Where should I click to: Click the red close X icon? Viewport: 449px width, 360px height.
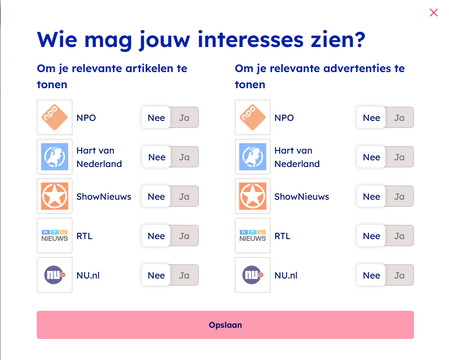[x=433, y=13]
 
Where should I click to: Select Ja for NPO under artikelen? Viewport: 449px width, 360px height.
[x=184, y=118]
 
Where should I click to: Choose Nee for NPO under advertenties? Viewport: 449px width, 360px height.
[x=371, y=118]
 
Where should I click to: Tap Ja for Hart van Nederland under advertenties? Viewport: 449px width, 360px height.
[x=399, y=157]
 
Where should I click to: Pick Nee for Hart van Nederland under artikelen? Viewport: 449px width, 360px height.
[x=157, y=157]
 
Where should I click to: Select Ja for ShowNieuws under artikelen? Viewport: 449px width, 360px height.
[x=184, y=197]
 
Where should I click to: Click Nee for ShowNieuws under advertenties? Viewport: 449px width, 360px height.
[x=371, y=197]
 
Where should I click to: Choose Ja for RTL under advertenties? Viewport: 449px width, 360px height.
[x=399, y=236]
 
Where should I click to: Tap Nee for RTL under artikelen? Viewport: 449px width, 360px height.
[x=156, y=236]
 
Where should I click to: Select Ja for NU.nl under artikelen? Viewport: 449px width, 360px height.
[x=184, y=275]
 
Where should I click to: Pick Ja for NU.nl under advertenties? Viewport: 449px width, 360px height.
[x=399, y=275]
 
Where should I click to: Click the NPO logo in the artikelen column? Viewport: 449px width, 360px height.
[x=55, y=117]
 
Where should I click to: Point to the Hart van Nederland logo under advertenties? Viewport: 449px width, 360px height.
[x=253, y=157]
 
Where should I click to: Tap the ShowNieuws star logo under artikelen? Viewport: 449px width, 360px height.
[x=55, y=196]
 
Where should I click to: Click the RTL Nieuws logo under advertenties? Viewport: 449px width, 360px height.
[x=253, y=236]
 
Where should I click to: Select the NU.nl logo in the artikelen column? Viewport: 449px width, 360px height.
[x=55, y=275]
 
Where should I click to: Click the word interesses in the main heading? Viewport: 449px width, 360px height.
[x=250, y=39]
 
